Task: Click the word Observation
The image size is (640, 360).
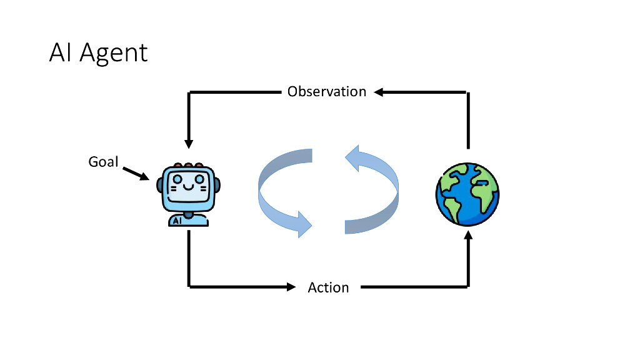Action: pyautogui.click(x=326, y=92)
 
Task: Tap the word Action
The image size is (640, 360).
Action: pyautogui.click(x=328, y=287)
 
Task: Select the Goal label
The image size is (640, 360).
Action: pyautogui.click(x=103, y=162)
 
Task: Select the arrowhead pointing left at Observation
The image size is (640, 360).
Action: pyautogui.click(x=379, y=92)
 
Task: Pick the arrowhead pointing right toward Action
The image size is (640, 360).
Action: pyautogui.click(x=291, y=287)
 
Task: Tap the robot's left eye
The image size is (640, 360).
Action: pyautogui.click(x=178, y=179)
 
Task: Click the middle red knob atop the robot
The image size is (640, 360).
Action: pyautogui.click(x=188, y=166)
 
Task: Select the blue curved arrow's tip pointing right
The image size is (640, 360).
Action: pyautogui.click(x=304, y=224)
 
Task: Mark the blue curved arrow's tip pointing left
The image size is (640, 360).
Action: pyautogui.click(x=351, y=157)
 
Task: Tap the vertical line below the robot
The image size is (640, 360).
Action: pyautogui.click(x=189, y=256)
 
